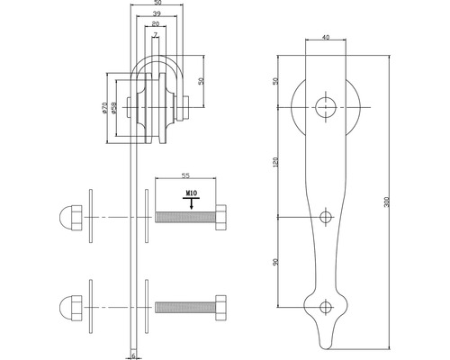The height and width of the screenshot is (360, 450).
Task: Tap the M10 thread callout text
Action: [191, 193]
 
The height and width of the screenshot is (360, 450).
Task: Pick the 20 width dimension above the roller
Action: [157, 26]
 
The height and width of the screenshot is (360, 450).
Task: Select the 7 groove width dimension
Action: [157, 35]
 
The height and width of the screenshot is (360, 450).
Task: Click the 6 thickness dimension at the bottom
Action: [136, 356]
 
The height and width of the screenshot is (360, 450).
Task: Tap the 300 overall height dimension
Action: [387, 203]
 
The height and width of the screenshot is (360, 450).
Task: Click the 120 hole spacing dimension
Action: [275, 161]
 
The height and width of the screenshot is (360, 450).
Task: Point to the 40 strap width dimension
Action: [324, 38]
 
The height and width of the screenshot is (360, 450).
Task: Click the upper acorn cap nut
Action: [67, 217]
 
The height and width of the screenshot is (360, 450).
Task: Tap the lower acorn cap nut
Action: [67, 301]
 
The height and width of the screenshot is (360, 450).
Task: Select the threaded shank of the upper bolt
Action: [184, 217]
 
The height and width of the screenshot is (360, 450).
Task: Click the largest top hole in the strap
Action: [324, 105]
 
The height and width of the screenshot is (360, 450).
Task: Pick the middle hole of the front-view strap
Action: [324, 216]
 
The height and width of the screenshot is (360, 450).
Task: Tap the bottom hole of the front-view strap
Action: [324, 306]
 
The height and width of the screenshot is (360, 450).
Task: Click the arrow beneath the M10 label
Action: [190, 204]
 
